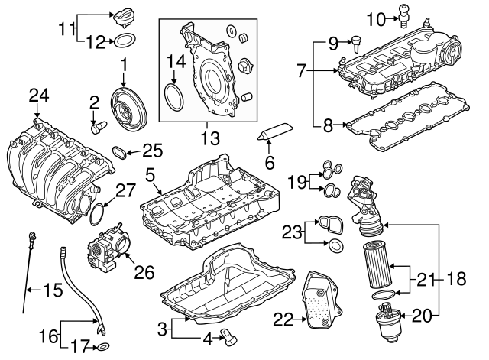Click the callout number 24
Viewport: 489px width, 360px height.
38,96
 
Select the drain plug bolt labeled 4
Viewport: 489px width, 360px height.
227,333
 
